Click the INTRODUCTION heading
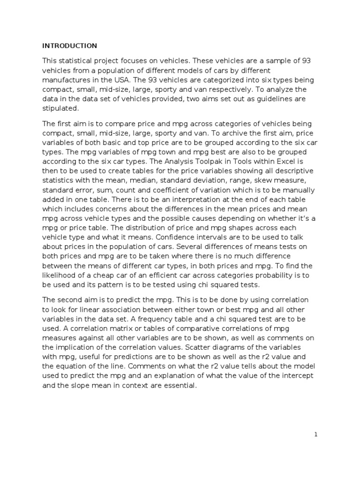click(x=69, y=45)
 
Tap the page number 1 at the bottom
click(x=316, y=435)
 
